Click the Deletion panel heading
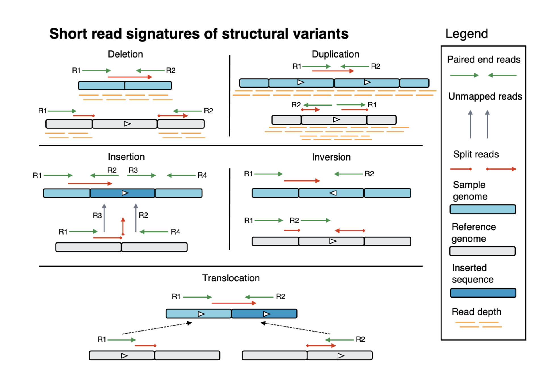coord(125,54)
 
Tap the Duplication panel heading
coord(335,54)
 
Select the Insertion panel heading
coord(126,157)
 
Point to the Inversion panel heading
coord(331,157)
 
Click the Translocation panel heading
coord(231,278)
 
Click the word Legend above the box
coord(466,34)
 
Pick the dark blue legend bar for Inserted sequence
coord(483,293)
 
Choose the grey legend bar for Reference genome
coord(482,251)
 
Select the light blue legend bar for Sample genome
coord(483,209)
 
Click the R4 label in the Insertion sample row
coord(202,175)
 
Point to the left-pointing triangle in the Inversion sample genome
coord(333,193)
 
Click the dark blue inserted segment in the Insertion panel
coord(122,193)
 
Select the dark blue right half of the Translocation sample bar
coord(264,314)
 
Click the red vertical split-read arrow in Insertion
coord(123,226)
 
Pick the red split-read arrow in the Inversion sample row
coord(302,181)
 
